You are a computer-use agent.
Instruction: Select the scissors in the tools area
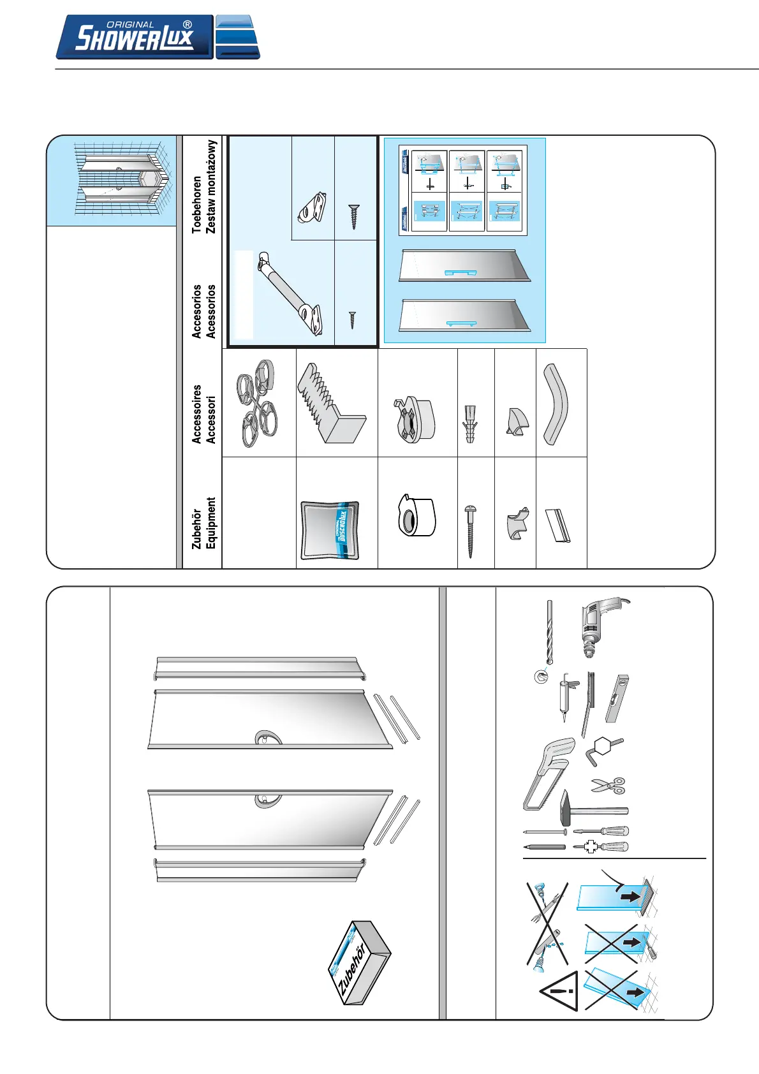(608, 785)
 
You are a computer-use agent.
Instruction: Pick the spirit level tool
(617, 698)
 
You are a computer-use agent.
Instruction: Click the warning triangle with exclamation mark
(559, 991)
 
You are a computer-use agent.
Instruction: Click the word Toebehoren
(197, 204)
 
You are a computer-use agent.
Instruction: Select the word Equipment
(211, 523)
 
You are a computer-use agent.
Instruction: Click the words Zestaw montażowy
(212, 187)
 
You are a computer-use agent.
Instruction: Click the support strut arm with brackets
(290, 293)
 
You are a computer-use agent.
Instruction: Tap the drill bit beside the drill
(549, 631)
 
